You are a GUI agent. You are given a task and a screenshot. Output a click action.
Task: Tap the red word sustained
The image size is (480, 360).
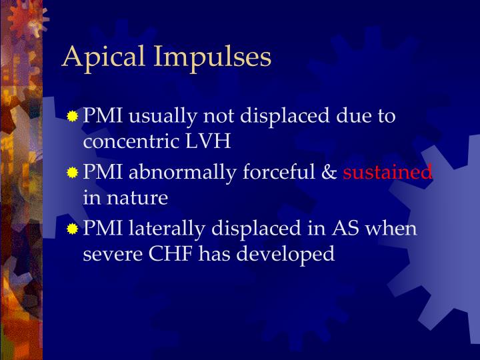pyautogui.click(x=387, y=173)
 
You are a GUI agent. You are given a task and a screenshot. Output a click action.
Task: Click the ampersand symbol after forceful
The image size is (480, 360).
pyautogui.click(x=329, y=173)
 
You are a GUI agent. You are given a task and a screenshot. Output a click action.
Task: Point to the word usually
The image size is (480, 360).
pyautogui.click(x=153, y=117)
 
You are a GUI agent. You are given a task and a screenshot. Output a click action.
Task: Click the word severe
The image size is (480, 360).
pyautogui.click(x=108, y=254)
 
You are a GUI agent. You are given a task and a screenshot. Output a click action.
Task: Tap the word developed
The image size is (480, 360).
pyautogui.click(x=287, y=255)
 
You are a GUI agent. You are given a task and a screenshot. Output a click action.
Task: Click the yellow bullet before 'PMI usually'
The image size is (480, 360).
pyautogui.click(x=73, y=117)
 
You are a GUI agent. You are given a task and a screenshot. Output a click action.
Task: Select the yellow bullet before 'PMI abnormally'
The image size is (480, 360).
pyautogui.click(x=73, y=173)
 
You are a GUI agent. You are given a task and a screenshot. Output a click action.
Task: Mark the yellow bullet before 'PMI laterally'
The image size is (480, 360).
pyautogui.click(x=73, y=229)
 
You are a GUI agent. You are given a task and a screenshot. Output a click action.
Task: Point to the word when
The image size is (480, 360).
pyautogui.click(x=393, y=229)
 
